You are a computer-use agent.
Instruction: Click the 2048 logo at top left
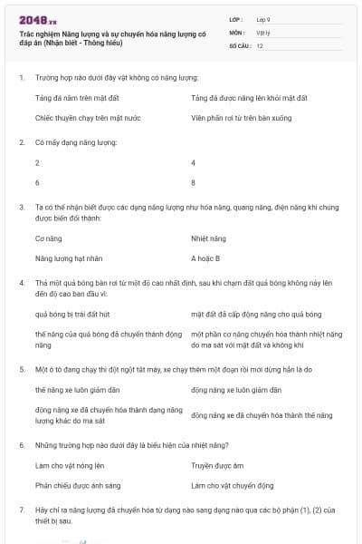pos(37,19)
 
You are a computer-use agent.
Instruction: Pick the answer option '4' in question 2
pos(194,162)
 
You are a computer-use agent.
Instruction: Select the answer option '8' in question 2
pos(194,182)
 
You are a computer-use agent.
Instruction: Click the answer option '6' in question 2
pos(37,182)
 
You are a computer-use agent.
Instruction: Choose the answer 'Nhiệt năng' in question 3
pos(207,238)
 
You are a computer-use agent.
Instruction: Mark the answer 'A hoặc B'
pos(205,258)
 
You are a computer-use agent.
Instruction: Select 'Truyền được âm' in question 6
pos(216,465)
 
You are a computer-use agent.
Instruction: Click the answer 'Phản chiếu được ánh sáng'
pos(72,485)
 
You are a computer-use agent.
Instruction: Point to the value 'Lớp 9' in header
pos(262,19)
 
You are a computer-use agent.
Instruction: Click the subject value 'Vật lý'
pos(263,32)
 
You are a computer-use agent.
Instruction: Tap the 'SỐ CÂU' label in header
pos(239,44)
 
